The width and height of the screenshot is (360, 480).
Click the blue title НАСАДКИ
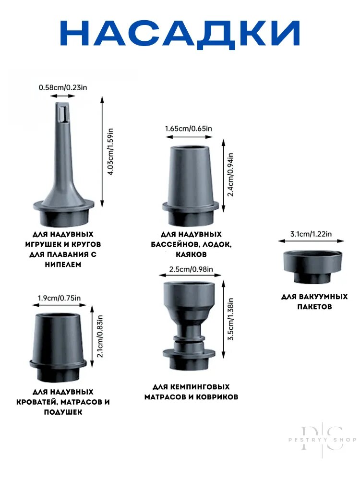click(x=180, y=34)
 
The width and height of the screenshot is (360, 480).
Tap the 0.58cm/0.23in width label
click(x=63, y=87)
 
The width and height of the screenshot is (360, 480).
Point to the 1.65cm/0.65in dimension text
click(x=189, y=128)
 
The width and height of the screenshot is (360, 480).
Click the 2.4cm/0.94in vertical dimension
click(x=231, y=175)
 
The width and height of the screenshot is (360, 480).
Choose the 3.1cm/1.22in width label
click(x=311, y=234)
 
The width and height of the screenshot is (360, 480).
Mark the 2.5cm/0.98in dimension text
click(x=191, y=269)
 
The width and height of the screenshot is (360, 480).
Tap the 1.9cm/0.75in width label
click(x=60, y=298)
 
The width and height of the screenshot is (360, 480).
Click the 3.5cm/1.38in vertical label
click(x=231, y=319)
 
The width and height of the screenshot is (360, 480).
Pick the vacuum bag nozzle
click(x=312, y=266)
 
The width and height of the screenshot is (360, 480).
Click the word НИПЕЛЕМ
click(x=63, y=264)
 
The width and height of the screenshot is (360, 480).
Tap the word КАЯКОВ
click(x=192, y=254)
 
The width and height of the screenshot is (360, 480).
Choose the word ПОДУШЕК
click(x=63, y=412)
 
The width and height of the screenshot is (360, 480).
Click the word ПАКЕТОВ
click(x=314, y=307)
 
